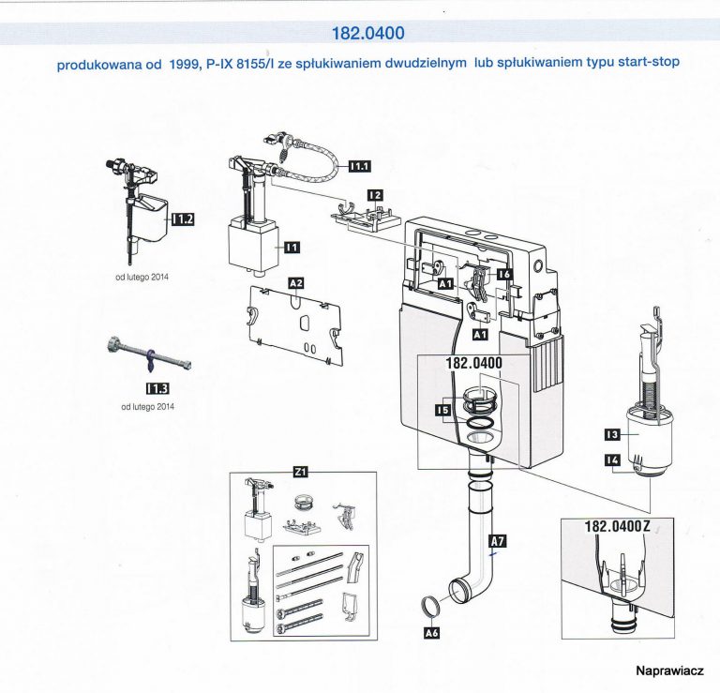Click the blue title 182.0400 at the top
(x=368, y=34)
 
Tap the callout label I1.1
(x=359, y=167)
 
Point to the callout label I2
(x=374, y=195)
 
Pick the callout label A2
(x=295, y=282)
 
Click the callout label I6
(x=505, y=273)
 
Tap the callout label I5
(x=443, y=410)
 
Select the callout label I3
(x=612, y=434)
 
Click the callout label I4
(x=612, y=459)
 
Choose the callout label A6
(x=432, y=633)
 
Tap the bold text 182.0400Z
(x=618, y=527)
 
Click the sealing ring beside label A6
(x=428, y=607)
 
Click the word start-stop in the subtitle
(x=646, y=62)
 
